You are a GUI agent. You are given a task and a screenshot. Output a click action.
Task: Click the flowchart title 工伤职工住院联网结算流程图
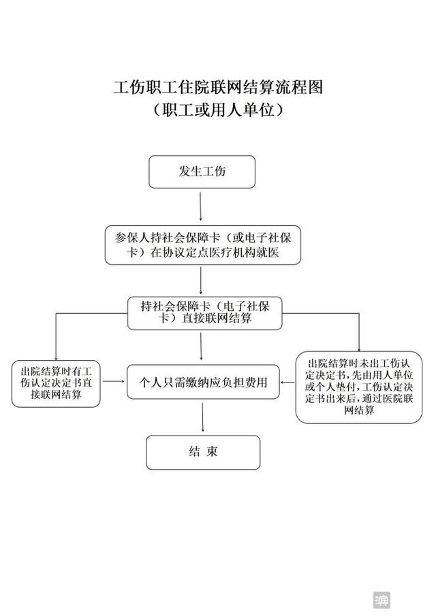click(x=218, y=87)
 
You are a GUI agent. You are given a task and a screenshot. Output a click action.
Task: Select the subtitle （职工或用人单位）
click(x=218, y=110)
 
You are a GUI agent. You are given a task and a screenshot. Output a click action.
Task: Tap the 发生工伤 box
click(x=202, y=172)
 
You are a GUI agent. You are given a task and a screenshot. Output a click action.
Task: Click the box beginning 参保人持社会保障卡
click(x=203, y=245)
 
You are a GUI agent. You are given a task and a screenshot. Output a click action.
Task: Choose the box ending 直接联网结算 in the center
click(x=205, y=313)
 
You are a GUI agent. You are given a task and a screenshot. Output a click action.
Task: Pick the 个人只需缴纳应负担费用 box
click(x=203, y=382)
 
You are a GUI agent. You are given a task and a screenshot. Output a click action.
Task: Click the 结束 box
click(x=203, y=452)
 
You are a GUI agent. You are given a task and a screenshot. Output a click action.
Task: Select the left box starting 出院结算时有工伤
click(x=56, y=383)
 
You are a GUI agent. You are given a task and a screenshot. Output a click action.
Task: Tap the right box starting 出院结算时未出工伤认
click(x=359, y=387)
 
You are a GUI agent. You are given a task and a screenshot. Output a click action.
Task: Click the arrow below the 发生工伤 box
click(x=201, y=207)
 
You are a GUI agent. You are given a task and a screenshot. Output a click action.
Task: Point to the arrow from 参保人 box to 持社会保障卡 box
click(x=201, y=280)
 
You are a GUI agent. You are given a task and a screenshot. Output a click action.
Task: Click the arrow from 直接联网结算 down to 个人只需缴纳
click(x=201, y=346)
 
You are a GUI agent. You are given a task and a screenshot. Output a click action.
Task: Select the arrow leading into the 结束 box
click(x=203, y=418)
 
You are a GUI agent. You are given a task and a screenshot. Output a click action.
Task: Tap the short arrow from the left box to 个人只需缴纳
click(x=114, y=381)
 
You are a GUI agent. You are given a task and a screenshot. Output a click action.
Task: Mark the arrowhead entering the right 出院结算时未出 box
click(x=359, y=349)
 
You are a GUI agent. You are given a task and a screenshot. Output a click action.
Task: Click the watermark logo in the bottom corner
click(x=381, y=600)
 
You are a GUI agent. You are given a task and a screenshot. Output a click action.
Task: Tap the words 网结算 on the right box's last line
click(x=359, y=410)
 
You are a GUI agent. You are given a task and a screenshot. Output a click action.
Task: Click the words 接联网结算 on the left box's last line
click(x=56, y=394)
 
